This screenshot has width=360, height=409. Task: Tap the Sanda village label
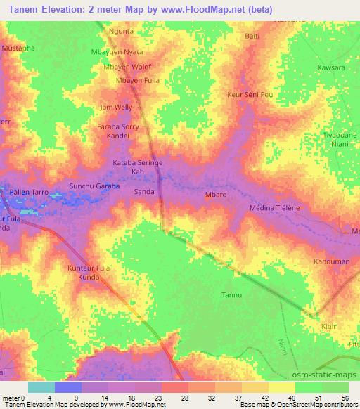click(144, 191)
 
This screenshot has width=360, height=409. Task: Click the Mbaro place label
click(215, 194)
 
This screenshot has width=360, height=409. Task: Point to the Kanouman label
click(330, 261)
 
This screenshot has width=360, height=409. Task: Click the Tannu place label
click(231, 294)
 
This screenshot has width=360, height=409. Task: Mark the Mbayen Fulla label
click(138, 80)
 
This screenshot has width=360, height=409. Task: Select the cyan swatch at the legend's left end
click(41, 387)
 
